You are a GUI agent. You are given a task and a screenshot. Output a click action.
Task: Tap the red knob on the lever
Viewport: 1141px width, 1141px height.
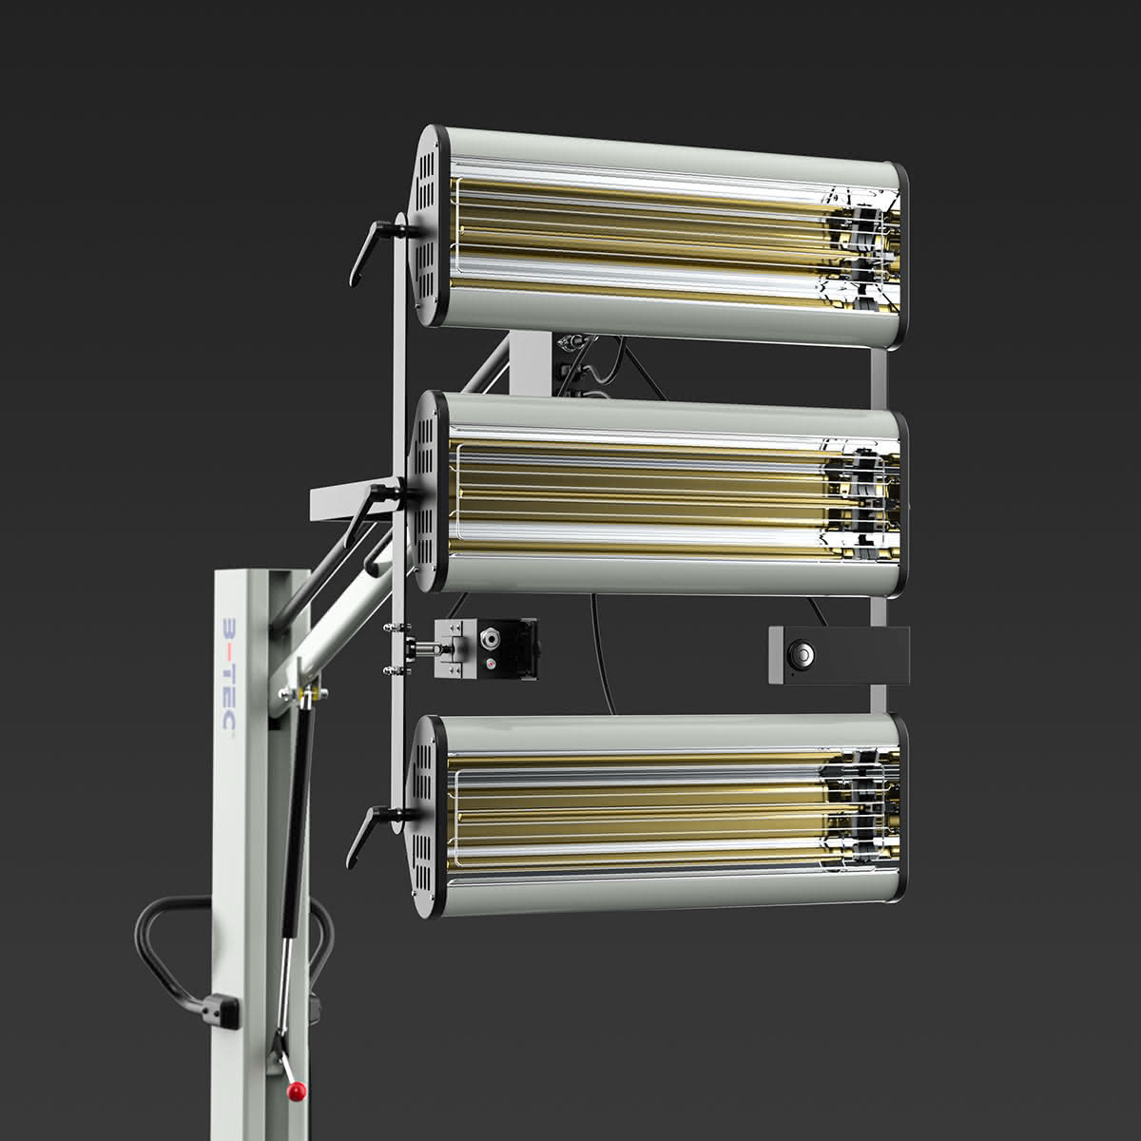296,1090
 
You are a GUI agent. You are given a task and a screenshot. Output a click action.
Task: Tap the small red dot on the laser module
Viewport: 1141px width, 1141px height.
491,665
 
